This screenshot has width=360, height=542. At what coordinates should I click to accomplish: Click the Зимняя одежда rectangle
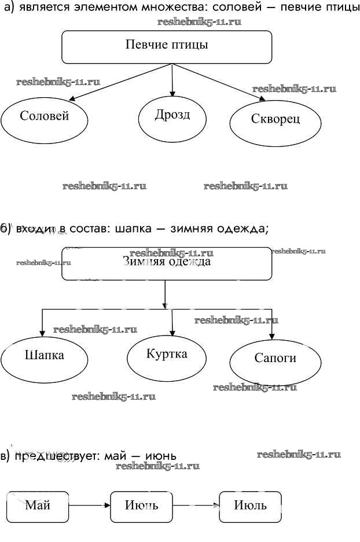pyautogui.click(x=167, y=264)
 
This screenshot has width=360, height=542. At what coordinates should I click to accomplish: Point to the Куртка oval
pyautogui.click(x=167, y=355)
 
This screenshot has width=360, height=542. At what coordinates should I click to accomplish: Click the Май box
pyautogui.click(x=38, y=506)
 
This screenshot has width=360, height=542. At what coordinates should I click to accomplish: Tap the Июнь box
pyautogui.click(x=141, y=506)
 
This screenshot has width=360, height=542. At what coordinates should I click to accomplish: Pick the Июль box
pyautogui.click(x=250, y=506)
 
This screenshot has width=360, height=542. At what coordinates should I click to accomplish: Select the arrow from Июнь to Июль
pyautogui.click(x=196, y=506)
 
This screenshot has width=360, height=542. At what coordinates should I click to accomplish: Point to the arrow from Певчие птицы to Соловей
pyautogui.click(x=122, y=83)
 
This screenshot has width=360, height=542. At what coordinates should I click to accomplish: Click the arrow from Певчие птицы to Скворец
pyautogui.click(x=220, y=83)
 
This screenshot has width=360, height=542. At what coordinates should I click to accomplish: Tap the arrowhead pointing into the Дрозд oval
pyautogui.click(x=172, y=93)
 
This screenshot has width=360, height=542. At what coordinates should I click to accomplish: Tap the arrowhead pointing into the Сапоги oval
pyautogui.click(x=272, y=335)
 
